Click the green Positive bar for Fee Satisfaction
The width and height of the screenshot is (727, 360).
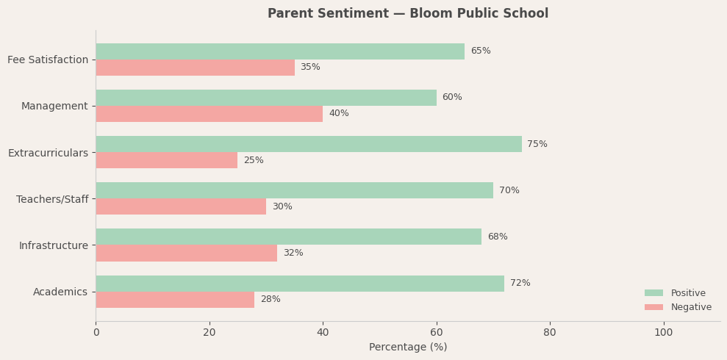pos(279,51)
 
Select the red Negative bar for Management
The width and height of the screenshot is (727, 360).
pos(209,114)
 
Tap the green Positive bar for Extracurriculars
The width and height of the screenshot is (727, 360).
pos(308,144)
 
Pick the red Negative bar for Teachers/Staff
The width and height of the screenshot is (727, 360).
pos(181,206)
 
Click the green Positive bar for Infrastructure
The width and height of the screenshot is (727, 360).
pos(288,237)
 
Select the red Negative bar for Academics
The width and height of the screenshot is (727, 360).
pos(175,300)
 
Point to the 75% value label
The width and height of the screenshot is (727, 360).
pos(537,144)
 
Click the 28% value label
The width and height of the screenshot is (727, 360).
pos(270,300)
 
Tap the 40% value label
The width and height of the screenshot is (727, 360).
pos(338,114)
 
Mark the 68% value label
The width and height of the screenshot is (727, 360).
pos(497,237)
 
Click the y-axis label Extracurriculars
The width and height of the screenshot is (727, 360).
pos(48,153)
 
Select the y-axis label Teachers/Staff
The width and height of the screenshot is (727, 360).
pos(52,199)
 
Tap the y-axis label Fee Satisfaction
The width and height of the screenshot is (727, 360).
pos(48,60)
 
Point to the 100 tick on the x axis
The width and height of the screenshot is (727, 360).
pos(663,333)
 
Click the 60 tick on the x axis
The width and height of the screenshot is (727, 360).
pos(437,333)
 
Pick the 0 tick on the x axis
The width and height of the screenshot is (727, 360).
pos(96,333)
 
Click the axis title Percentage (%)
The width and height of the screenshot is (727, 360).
pos(407,348)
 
